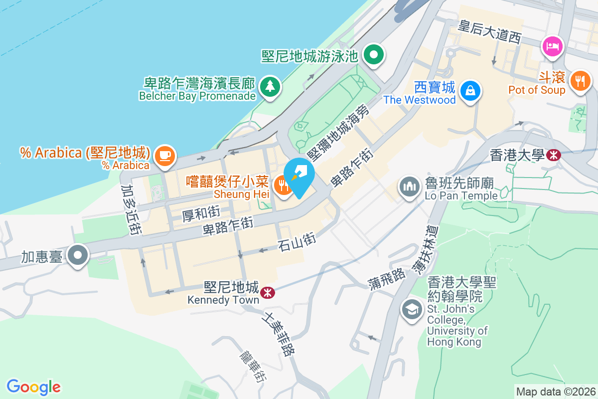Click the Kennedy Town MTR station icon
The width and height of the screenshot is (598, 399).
click(x=268, y=292)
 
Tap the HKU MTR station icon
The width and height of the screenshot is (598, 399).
click(x=553, y=155)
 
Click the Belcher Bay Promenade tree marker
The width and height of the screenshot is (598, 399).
click(x=270, y=86)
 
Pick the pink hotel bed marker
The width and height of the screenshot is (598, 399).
click(x=552, y=46)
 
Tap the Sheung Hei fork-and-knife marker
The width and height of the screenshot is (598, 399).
click(x=283, y=186)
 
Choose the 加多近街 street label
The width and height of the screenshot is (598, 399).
click(x=129, y=209)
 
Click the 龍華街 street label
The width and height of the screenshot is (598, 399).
click(x=253, y=366)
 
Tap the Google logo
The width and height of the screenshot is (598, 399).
click(x=33, y=387)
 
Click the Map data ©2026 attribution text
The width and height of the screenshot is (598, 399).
click(x=556, y=392)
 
